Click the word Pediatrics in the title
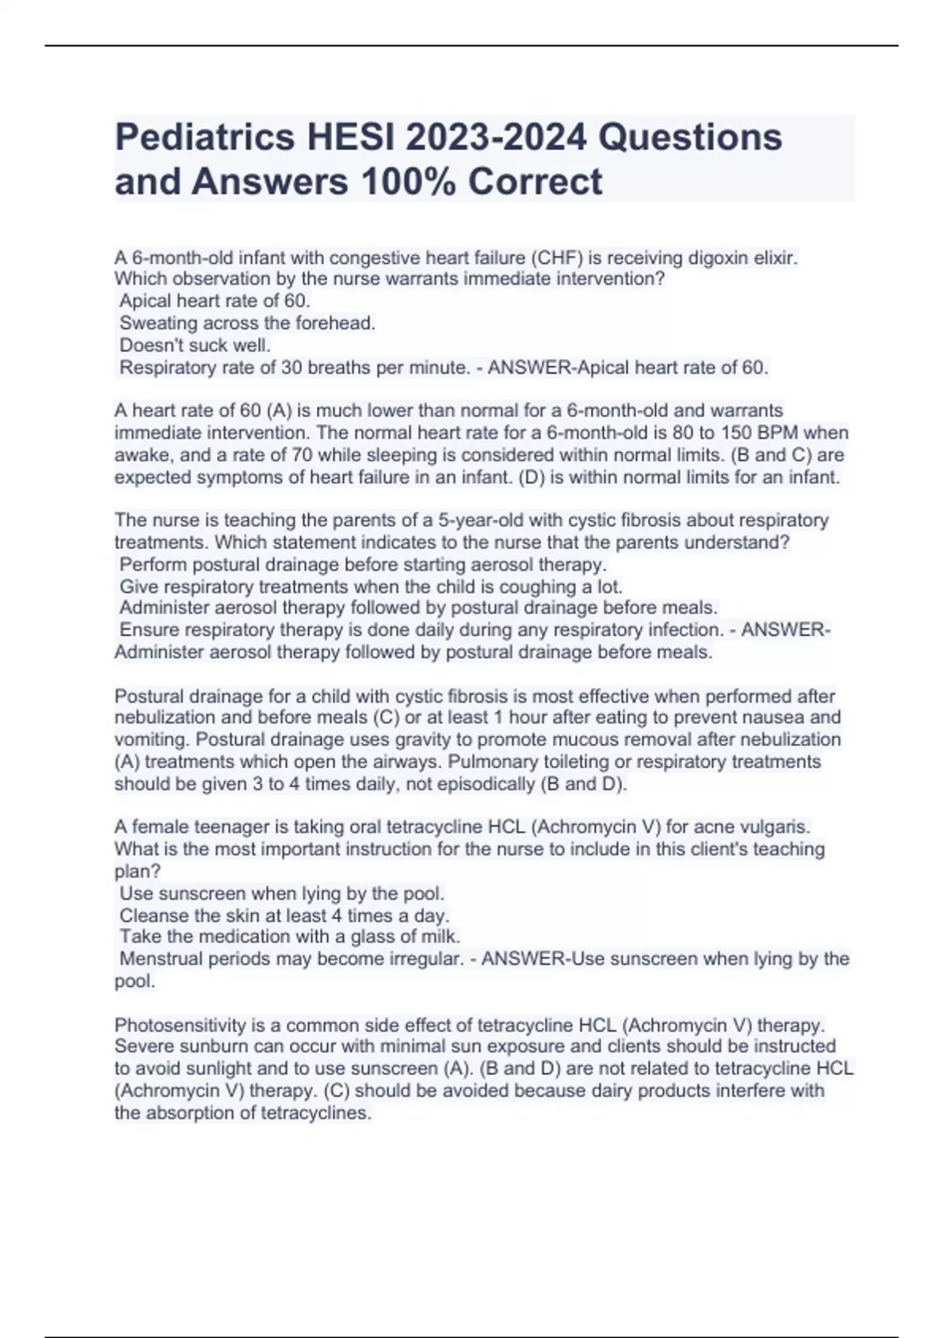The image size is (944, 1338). pyautogui.click(x=204, y=137)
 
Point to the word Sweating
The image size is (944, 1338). pyautogui.click(x=158, y=323)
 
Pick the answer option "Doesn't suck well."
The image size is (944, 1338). pyautogui.click(x=195, y=345)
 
